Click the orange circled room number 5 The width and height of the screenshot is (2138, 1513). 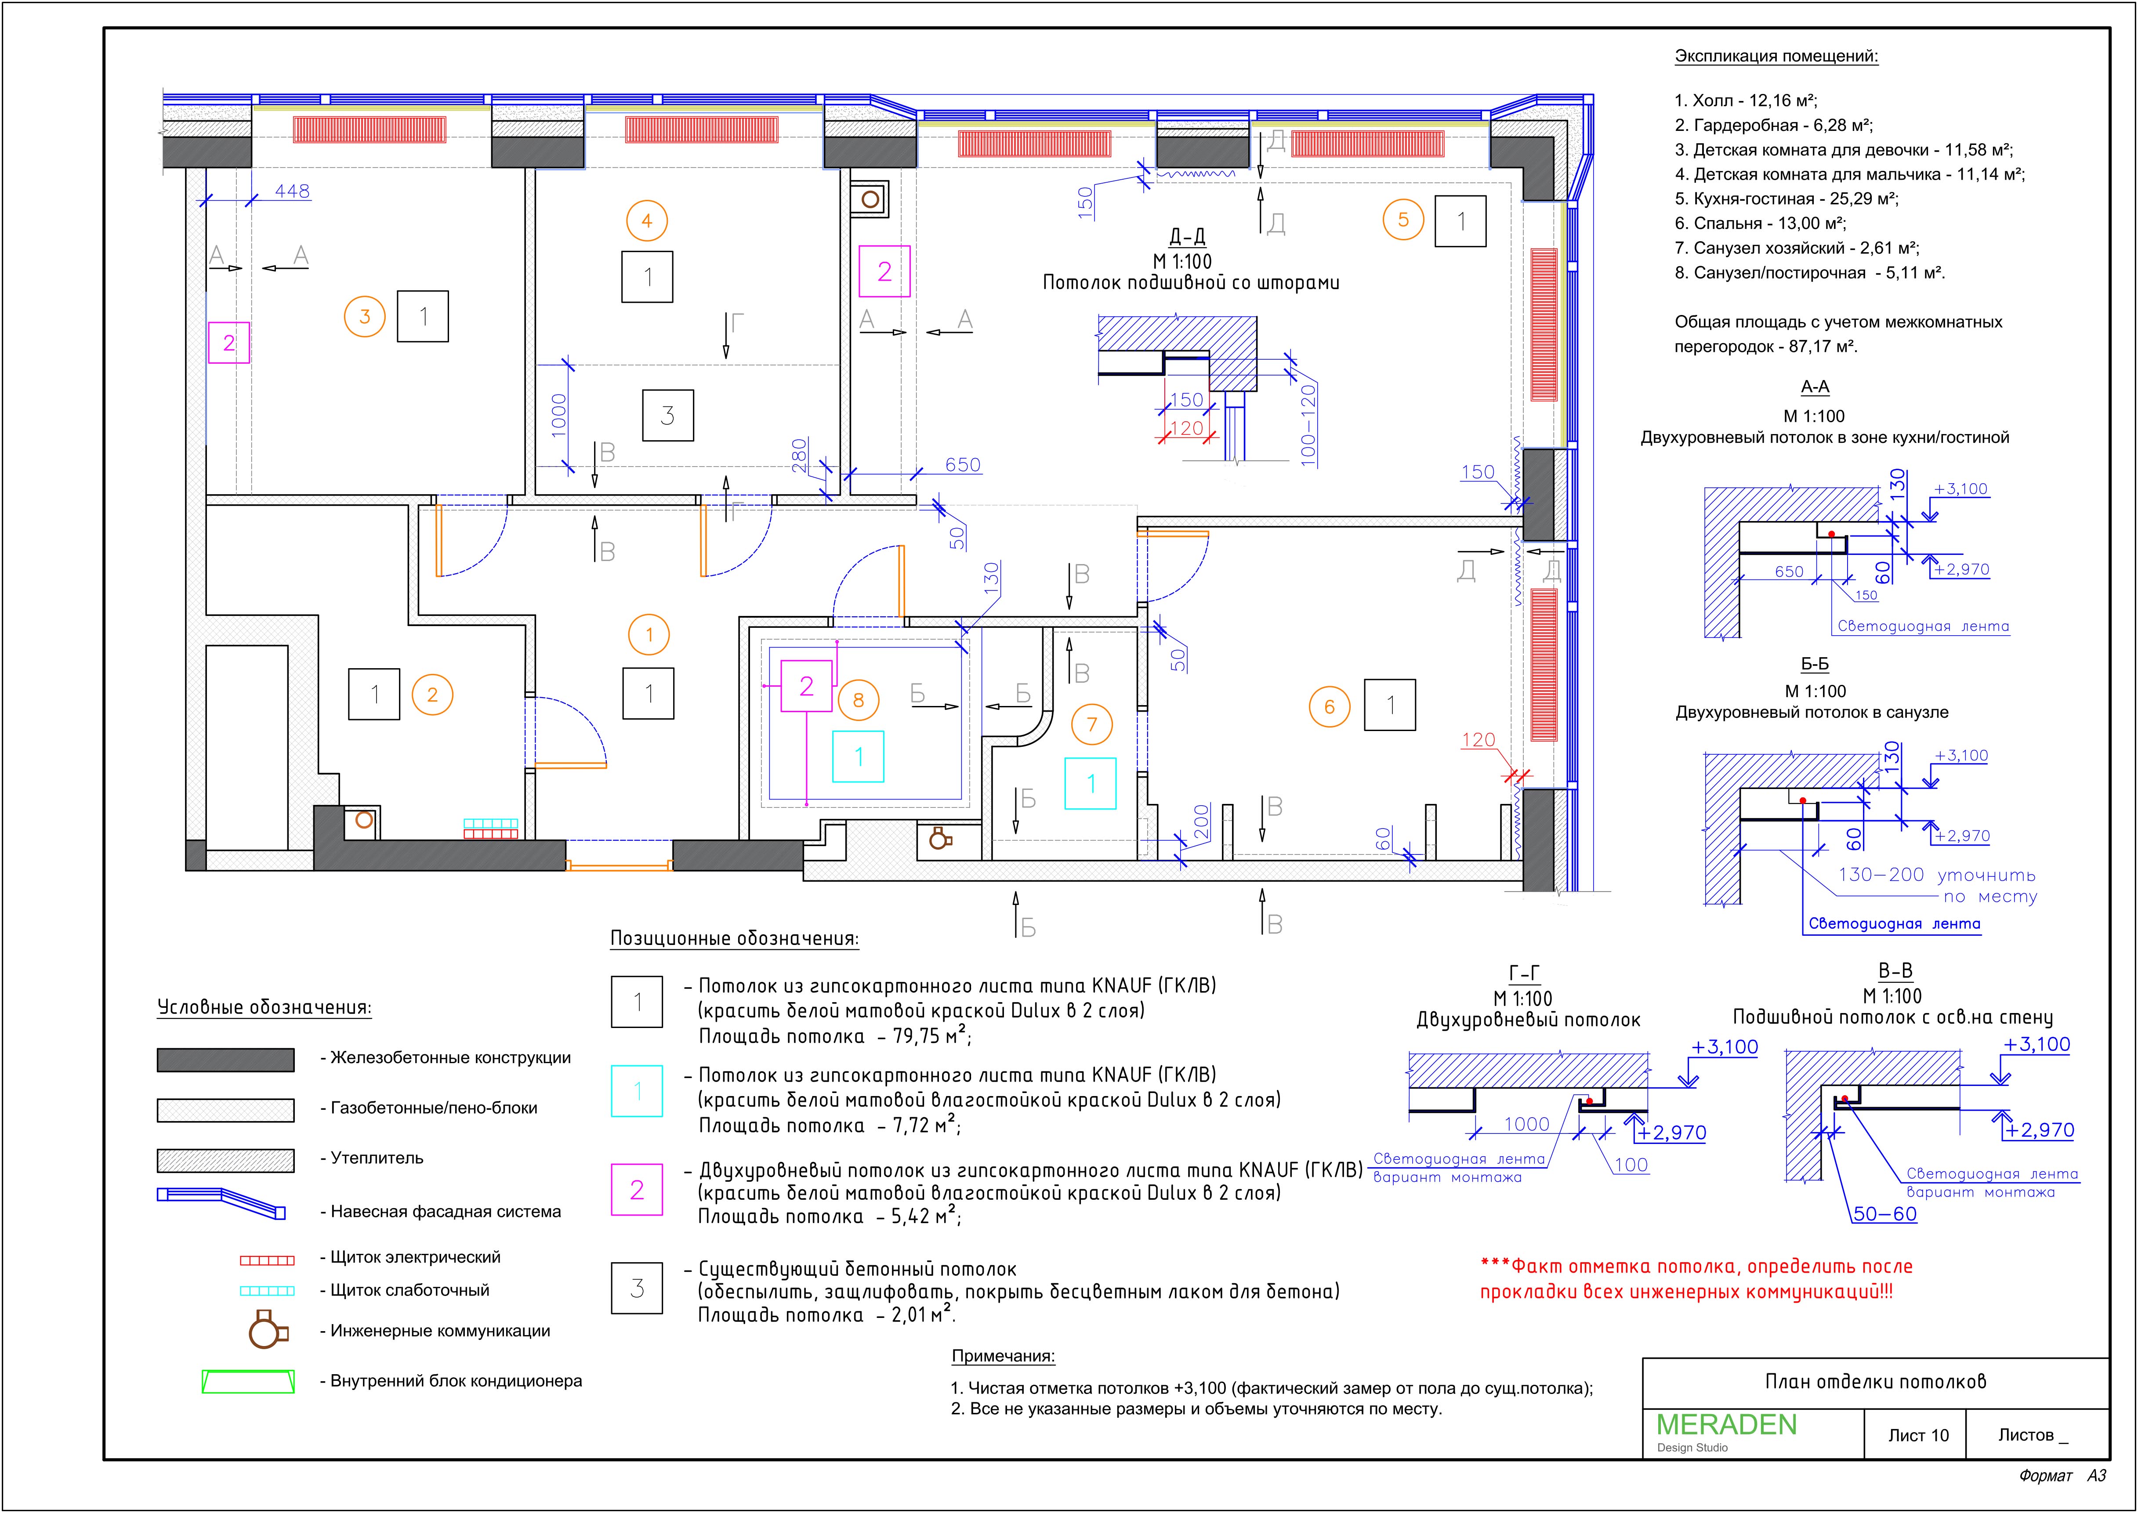pyautogui.click(x=1403, y=221)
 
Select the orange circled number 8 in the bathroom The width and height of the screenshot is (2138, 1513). pyautogui.click(x=858, y=700)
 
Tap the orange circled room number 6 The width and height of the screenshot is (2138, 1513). pyautogui.click(x=1330, y=707)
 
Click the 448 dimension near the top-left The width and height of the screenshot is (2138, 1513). pyautogui.click(x=292, y=191)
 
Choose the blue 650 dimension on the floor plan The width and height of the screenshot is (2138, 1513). pyautogui.click(x=962, y=465)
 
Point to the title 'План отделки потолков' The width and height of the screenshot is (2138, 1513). pyautogui.click(x=1875, y=1382)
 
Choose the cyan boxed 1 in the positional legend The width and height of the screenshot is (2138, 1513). pyautogui.click(x=637, y=1091)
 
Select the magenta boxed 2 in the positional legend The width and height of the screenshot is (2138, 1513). pyautogui.click(x=637, y=1190)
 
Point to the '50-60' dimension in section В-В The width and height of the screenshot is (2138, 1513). pyautogui.click(x=1884, y=1214)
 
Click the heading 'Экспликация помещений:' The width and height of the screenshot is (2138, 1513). pyautogui.click(x=1776, y=56)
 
